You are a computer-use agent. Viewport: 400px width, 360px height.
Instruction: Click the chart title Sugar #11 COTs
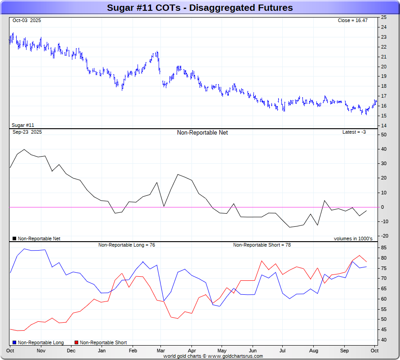point(200,8)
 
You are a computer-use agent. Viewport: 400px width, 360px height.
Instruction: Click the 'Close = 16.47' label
point(353,21)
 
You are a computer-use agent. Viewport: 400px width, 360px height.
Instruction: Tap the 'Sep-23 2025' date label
point(27,132)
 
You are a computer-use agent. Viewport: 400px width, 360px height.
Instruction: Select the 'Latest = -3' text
point(354,132)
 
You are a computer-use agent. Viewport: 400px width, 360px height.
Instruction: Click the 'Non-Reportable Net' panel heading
point(202,133)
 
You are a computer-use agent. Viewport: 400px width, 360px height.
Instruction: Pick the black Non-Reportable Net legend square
point(14,238)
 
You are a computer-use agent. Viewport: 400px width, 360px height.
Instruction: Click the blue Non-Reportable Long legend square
point(14,343)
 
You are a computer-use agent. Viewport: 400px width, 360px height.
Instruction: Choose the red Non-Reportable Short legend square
point(76,343)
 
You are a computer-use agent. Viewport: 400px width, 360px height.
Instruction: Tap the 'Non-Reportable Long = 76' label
point(127,245)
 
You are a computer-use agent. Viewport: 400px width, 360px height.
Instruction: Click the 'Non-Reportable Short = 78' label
point(262,245)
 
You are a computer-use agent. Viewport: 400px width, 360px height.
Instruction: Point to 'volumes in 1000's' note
point(353,238)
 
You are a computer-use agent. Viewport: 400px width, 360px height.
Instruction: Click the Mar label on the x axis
point(161,351)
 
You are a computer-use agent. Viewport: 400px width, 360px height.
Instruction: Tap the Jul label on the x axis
point(283,351)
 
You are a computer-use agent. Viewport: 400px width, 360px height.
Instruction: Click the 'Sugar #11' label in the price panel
point(23,125)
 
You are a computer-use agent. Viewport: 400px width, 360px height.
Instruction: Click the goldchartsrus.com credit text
point(213,356)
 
